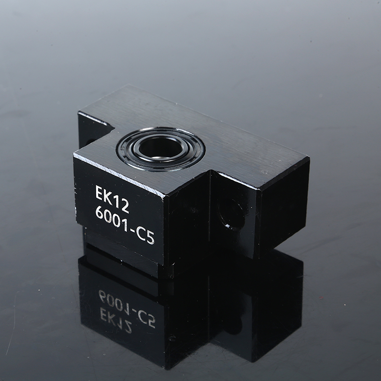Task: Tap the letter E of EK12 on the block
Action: pos(99,192)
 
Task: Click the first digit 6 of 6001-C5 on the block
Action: pos(100,213)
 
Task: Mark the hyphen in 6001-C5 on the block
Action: pos(132,230)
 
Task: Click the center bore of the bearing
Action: pos(160,147)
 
